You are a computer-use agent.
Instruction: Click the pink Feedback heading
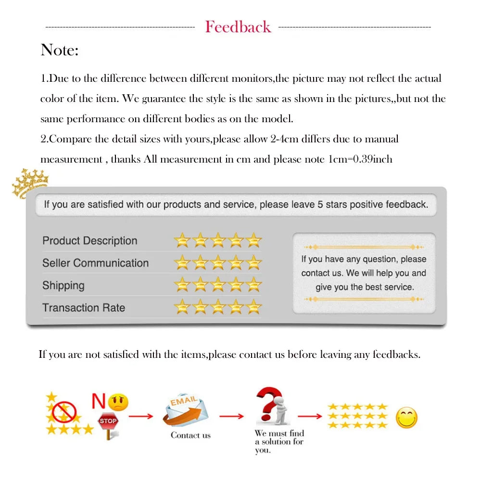point(238,27)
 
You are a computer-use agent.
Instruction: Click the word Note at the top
point(59,50)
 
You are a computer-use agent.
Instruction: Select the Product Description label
point(89,240)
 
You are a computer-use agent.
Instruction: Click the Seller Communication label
point(95,263)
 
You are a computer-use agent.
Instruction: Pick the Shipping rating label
point(63,285)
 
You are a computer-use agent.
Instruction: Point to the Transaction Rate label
point(83,308)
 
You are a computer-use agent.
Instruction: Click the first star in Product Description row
point(182,240)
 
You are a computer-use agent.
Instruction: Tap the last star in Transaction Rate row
point(253,307)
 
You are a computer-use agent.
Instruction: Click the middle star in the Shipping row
point(218,285)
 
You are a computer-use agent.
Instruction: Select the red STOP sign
point(108,421)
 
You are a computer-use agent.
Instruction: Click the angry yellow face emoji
point(118,402)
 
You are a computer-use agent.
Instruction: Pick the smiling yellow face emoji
point(406,418)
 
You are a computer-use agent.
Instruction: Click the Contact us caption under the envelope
point(190,435)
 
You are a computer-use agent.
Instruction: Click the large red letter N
point(99,400)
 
